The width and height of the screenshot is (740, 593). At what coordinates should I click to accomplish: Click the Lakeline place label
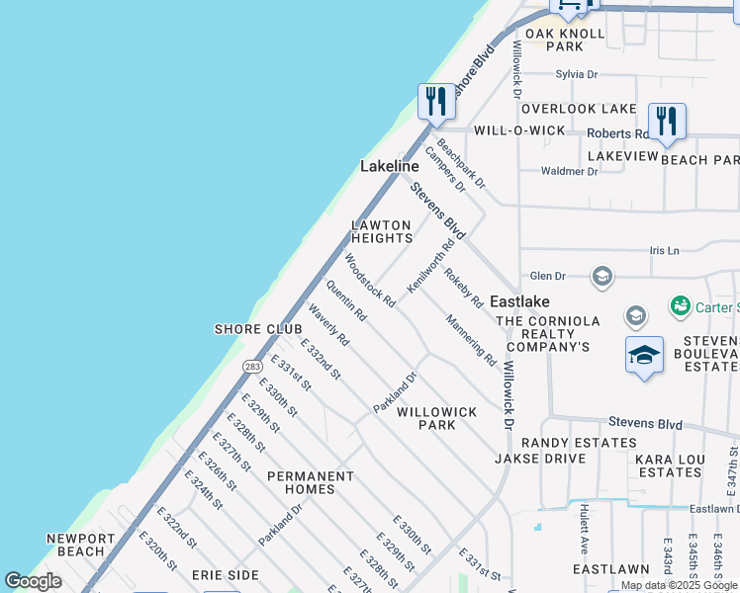(390, 167)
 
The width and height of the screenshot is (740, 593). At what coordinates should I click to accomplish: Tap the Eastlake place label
(519, 300)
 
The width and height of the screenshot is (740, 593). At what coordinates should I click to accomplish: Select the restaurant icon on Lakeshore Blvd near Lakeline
(435, 101)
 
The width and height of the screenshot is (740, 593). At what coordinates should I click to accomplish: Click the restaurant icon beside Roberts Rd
(667, 122)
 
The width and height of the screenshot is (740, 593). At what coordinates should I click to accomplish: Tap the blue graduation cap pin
(644, 355)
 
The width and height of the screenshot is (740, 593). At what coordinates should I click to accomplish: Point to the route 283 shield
(252, 367)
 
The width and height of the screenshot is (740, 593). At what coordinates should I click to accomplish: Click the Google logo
(33, 581)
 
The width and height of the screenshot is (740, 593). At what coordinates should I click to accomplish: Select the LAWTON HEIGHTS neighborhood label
(381, 231)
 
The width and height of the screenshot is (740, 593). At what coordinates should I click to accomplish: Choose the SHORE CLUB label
(251, 329)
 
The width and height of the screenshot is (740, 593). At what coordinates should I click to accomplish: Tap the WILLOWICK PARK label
(436, 418)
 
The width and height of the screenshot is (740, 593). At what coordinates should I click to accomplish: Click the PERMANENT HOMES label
(311, 482)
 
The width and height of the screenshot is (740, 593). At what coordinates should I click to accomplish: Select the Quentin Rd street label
(346, 302)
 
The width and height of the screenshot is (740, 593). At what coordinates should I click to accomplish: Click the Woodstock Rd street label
(369, 280)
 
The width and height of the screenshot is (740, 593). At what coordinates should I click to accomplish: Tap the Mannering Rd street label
(470, 339)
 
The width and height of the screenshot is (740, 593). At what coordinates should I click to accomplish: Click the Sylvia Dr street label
(577, 74)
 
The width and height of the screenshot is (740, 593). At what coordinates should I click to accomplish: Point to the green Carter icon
(680, 307)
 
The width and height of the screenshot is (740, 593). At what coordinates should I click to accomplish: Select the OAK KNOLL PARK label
(565, 40)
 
